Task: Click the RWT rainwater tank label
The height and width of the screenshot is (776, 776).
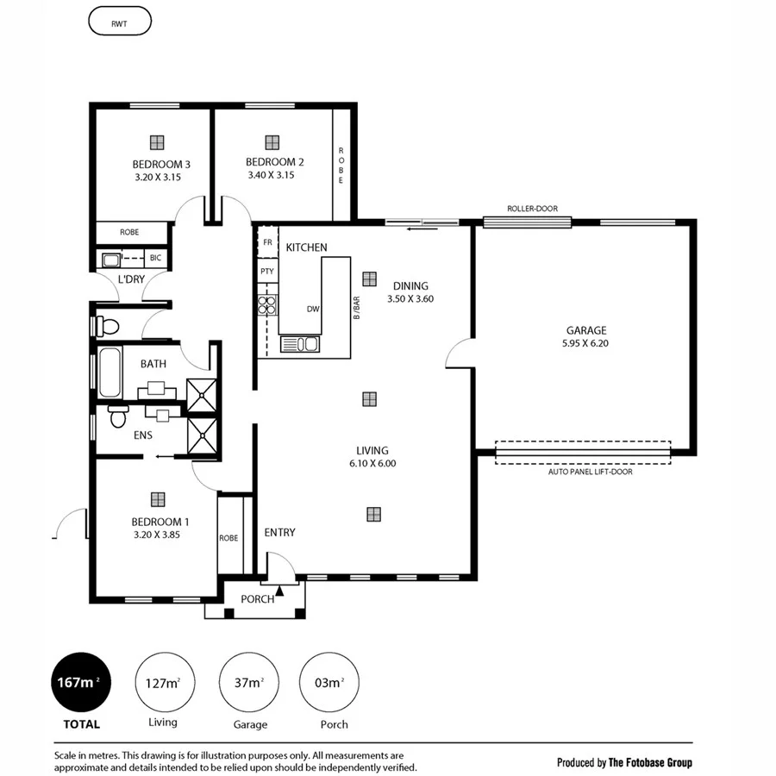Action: coord(120,21)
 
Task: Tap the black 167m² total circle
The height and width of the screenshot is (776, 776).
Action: coord(83,683)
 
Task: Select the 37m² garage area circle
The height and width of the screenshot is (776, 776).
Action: coord(249,683)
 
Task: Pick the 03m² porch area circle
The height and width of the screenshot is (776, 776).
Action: coord(329,683)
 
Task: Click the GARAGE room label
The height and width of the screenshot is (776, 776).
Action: coord(586,330)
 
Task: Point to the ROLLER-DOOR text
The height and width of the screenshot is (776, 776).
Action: coord(533,209)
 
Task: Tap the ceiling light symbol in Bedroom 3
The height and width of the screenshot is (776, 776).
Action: coord(156,142)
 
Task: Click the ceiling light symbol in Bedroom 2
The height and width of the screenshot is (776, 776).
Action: coord(272,142)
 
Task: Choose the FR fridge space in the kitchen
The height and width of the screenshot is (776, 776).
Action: coord(267,243)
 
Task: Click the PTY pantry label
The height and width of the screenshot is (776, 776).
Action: coord(267,272)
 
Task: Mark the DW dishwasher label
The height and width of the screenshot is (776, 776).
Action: coord(313,309)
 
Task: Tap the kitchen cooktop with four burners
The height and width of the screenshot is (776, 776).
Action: coord(267,304)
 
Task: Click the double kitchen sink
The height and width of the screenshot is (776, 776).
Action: coord(305,345)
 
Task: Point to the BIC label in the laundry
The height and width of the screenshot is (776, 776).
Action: coord(155,258)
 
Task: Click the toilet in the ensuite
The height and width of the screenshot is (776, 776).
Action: coord(118,416)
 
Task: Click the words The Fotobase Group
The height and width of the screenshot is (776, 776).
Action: coord(650,762)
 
